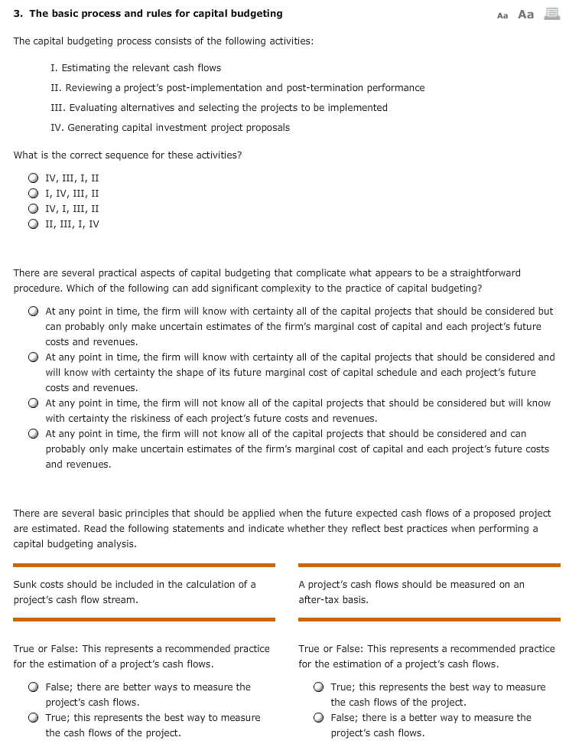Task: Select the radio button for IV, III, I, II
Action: pos(33,178)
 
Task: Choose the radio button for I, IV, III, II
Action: pos(33,194)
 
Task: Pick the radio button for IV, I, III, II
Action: pos(33,209)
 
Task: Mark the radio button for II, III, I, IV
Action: pos(33,224)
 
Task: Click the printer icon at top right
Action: pos(551,14)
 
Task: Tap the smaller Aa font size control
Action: pos(502,15)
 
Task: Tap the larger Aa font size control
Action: pos(525,14)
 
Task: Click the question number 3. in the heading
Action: pos(18,14)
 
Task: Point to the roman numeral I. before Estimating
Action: pos(54,68)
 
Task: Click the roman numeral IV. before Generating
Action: pos(57,128)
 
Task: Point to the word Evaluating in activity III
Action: pos(96,108)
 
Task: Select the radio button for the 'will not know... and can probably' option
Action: pos(33,434)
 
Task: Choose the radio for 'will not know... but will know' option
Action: pos(33,403)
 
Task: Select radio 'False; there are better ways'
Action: pos(33,687)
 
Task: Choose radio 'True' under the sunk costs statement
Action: pos(33,718)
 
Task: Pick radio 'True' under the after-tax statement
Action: pos(318,687)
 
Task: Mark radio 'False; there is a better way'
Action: pos(318,718)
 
